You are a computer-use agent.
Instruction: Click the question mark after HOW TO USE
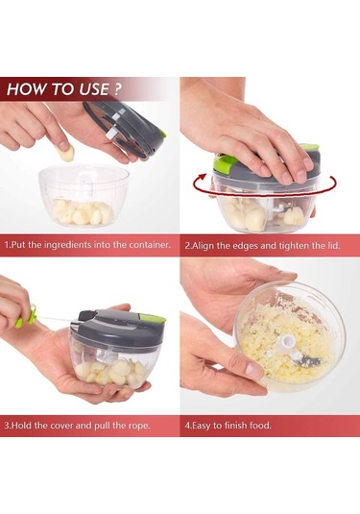click(x=117, y=89)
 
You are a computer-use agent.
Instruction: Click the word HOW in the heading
click(x=22, y=89)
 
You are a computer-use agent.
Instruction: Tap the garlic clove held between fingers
click(x=66, y=153)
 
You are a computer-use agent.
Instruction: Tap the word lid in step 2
click(x=333, y=245)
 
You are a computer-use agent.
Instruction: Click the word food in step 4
click(x=260, y=426)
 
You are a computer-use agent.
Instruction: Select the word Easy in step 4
click(x=202, y=426)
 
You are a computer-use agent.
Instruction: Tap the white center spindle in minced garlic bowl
click(x=286, y=344)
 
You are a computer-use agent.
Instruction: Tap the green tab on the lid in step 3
click(x=151, y=317)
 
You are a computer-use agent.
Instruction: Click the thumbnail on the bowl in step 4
click(x=253, y=370)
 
